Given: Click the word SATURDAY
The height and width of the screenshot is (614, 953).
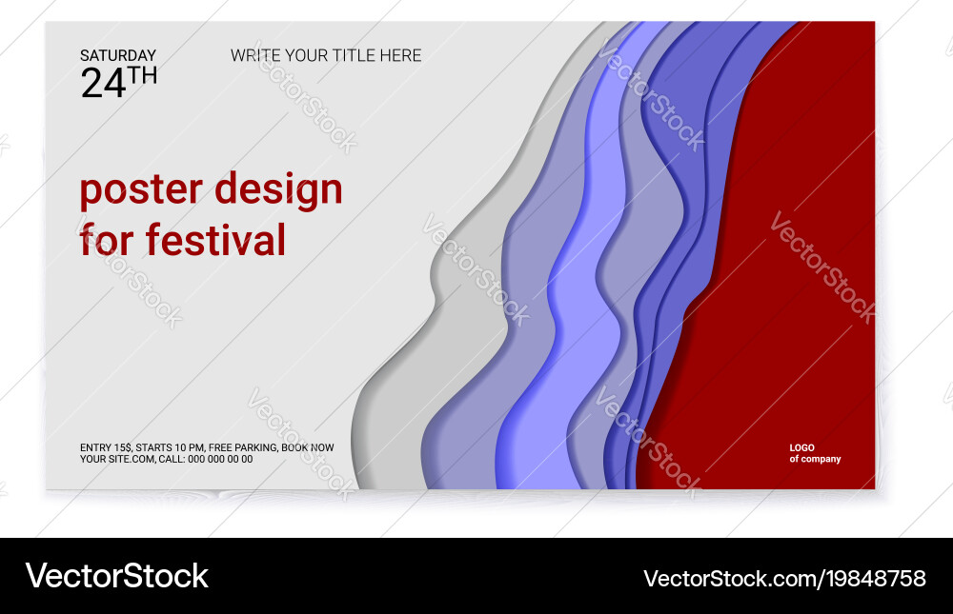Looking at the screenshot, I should coord(117,56).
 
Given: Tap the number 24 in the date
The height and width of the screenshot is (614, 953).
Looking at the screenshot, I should coord(103,84).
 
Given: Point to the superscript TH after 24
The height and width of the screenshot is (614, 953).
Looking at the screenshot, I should coord(143,75).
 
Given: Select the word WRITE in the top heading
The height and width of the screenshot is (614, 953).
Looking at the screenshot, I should coord(256,55).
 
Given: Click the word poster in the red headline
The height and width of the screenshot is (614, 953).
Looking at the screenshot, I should coord(141,190).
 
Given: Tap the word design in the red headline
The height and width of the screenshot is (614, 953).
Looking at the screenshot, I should coord(278,190).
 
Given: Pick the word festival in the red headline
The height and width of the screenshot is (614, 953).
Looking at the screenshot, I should coord(215,240).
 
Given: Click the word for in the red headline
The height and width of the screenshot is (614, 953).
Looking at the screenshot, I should coord(108,240).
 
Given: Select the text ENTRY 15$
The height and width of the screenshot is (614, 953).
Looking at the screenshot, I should coord(106,447).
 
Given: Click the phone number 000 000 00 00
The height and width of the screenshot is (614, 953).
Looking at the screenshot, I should coord(220,459).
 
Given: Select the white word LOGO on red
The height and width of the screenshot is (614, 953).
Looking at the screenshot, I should coord(801,447).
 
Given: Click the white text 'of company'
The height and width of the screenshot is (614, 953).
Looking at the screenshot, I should coord(815,459).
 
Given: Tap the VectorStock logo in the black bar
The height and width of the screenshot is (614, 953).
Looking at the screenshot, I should coord(116,576).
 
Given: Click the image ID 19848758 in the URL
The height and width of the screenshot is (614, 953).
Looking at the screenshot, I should coord(877,578).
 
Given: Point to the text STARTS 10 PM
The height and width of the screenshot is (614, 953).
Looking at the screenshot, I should coord(170,447).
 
